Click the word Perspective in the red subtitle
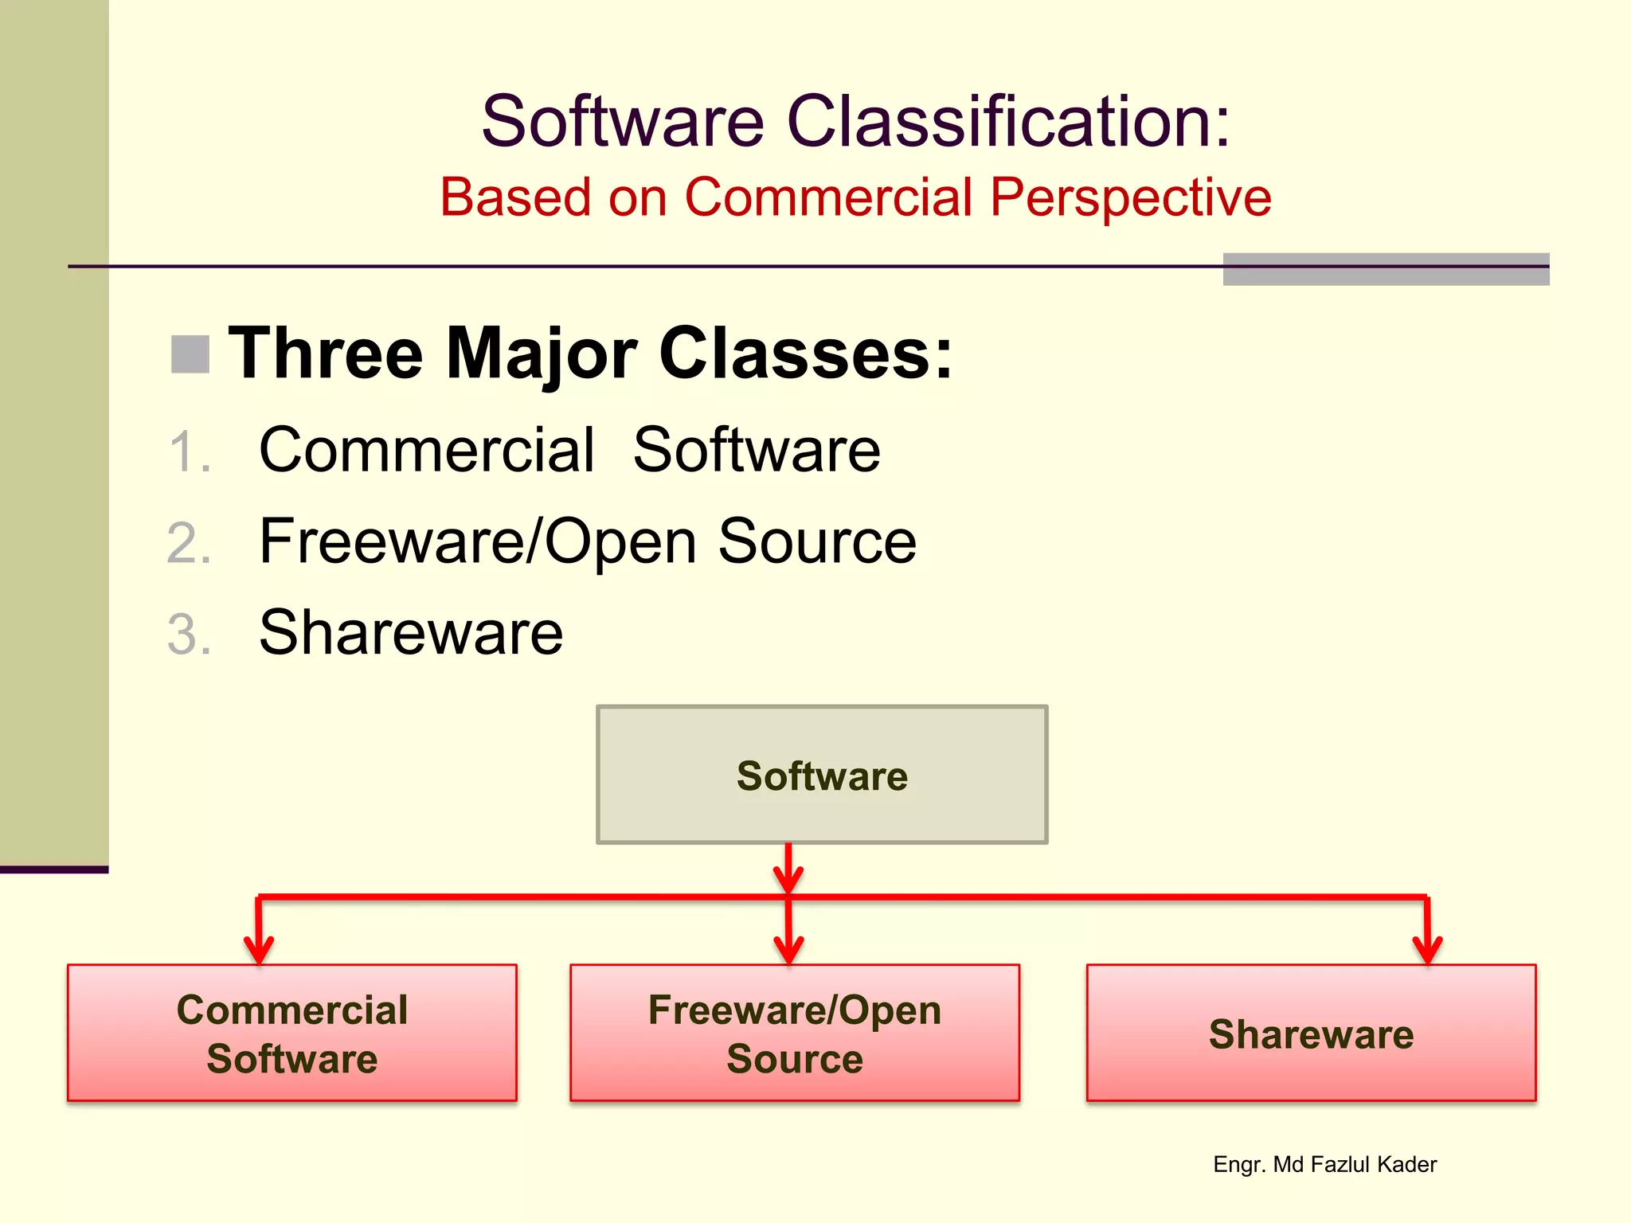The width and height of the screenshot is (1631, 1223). (1131, 197)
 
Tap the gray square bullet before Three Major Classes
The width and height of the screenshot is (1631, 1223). (190, 354)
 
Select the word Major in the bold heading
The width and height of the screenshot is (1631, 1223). (542, 354)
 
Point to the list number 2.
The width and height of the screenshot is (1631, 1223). (190, 544)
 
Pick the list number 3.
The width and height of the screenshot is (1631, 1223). (190, 635)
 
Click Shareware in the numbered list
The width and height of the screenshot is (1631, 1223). (411, 633)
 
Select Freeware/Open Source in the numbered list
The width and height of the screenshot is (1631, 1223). (588, 541)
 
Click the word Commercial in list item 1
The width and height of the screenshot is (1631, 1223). (427, 450)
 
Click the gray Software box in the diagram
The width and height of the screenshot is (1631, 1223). (822, 775)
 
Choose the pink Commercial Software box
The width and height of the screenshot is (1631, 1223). (292, 1033)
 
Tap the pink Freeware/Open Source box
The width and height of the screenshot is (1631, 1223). (795, 1033)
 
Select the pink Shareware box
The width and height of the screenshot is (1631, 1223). (1311, 1033)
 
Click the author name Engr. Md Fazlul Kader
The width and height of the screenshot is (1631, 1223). (1324, 1164)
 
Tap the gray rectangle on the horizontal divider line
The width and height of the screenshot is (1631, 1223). (1386, 269)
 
